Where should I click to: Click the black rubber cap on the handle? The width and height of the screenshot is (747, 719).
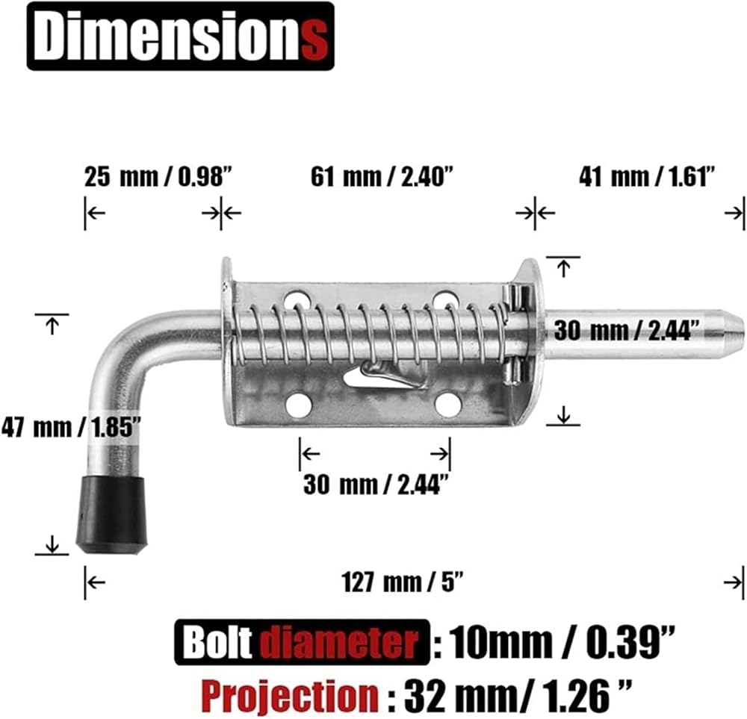click(113, 515)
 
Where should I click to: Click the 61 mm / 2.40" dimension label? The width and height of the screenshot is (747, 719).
click(381, 177)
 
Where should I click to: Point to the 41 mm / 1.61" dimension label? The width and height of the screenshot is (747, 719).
click(648, 177)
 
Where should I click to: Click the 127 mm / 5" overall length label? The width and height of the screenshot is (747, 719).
click(403, 582)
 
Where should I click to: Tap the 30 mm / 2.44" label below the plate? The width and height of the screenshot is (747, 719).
click(376, 485)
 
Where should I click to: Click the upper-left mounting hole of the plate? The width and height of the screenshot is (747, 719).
click(298, 299)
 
